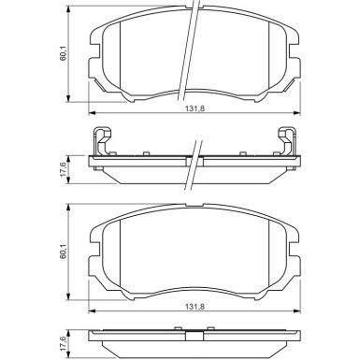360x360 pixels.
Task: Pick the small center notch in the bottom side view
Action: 193,332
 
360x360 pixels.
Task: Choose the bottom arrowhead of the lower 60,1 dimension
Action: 73,292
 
